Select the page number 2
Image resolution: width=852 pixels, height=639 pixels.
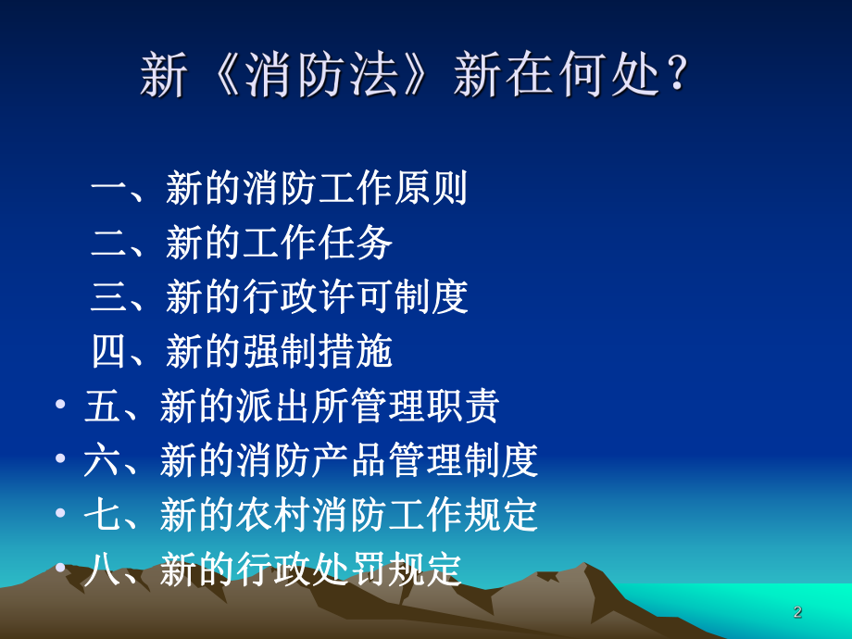[x=798, y=612]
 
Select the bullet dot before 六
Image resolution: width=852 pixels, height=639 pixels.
[x=60, y=460]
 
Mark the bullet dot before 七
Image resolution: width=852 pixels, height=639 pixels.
[x=60, y=514]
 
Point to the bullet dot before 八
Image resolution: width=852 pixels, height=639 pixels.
[x=60, y=569]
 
